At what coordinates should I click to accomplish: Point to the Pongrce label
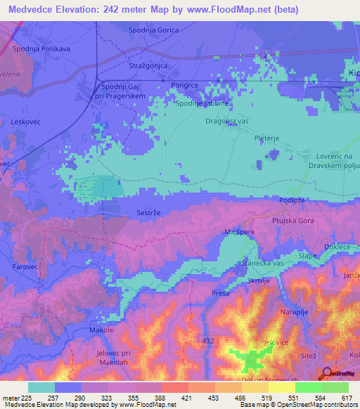point(185,84)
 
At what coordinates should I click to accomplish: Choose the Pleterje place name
point(267,138)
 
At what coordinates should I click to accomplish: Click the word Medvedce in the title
point(34,9)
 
